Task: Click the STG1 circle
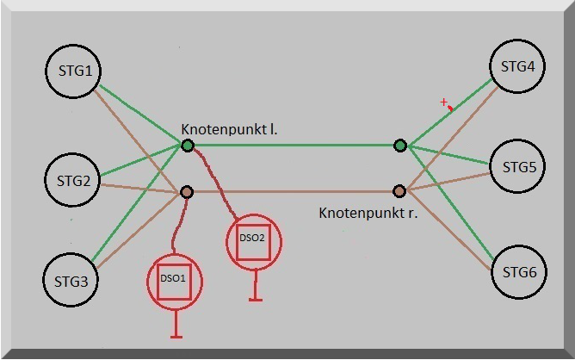point(73,71)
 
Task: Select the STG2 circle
point(72,180)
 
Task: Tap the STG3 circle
point(71,280)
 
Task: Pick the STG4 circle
point(517,66)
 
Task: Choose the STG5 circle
point(517,166)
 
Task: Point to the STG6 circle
point(519,272)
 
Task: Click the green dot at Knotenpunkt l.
point(188,146)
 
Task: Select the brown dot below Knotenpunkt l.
point(187,191)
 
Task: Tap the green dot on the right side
point(400,146)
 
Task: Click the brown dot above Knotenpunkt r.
point(399,191)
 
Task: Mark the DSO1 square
point(174,282)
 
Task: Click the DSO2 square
point(253,242)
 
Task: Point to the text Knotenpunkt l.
point(229,129)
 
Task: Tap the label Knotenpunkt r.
point(368,213)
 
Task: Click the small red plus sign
point(444,102)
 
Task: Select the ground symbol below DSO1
point(176,325)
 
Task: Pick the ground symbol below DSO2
point(256,286)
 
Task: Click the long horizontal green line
point(294,146)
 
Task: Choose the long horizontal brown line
point(293,191)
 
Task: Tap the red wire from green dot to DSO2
point(216,181)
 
